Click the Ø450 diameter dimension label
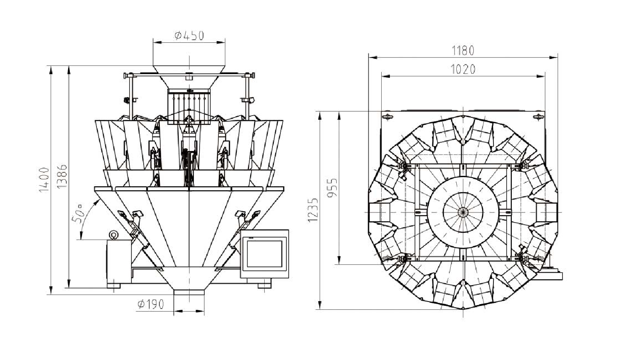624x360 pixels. pos(189,35)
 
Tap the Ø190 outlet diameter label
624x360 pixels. pos(150,304)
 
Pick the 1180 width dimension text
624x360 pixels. pos(463,50)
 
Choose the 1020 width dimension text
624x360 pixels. pos(463,69)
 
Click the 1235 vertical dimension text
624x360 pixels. pos(313,210)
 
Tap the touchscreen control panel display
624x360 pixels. pos(265,254)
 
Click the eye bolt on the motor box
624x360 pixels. pos(114,236)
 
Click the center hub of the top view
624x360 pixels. pos(463,212)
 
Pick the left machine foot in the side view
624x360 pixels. pos(114,286)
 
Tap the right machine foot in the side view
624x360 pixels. pos(264,285)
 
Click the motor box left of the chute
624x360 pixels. pos(119,261)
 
